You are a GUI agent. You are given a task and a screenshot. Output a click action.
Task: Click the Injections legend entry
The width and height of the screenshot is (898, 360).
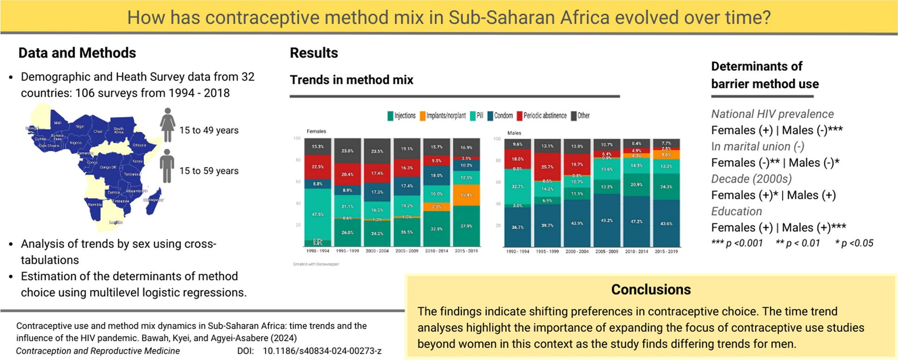(401, 116)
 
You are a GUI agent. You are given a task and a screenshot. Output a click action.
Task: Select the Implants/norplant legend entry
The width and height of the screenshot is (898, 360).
(443, 116)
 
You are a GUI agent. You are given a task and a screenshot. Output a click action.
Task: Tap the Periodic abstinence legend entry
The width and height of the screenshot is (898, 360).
(541, 116)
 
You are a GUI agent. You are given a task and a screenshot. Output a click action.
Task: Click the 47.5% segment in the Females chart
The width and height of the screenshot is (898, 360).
(318, 214)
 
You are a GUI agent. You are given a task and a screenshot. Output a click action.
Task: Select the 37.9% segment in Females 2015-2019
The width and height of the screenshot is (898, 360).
(467, 226)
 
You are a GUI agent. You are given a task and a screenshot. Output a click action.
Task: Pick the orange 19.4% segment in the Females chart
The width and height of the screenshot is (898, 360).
(467, 195)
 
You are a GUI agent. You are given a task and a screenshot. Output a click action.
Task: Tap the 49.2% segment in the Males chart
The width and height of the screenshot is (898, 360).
(607, 220)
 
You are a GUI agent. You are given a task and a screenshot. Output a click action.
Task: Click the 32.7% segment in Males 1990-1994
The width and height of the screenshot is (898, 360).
(518, 187)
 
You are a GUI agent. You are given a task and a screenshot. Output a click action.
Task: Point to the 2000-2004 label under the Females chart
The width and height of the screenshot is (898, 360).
(377, 251)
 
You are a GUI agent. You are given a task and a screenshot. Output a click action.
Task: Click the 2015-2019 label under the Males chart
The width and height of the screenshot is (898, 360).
(666, 252)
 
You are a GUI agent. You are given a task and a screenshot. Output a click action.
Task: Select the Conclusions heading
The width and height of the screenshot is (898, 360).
(651, 289)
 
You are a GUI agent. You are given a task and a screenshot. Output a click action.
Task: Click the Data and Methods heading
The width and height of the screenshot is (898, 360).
(77, 53)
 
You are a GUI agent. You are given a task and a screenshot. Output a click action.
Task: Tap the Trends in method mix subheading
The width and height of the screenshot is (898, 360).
(352, 80)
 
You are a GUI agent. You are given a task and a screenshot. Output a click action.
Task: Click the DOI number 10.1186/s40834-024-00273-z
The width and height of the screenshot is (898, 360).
(322, 351)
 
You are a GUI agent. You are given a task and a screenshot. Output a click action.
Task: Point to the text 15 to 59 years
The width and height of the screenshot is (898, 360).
(209, 171)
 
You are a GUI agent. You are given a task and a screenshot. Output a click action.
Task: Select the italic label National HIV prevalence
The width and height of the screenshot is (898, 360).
(772, 114)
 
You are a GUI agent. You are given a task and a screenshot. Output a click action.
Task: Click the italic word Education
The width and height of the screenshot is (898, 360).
(736, 212)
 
